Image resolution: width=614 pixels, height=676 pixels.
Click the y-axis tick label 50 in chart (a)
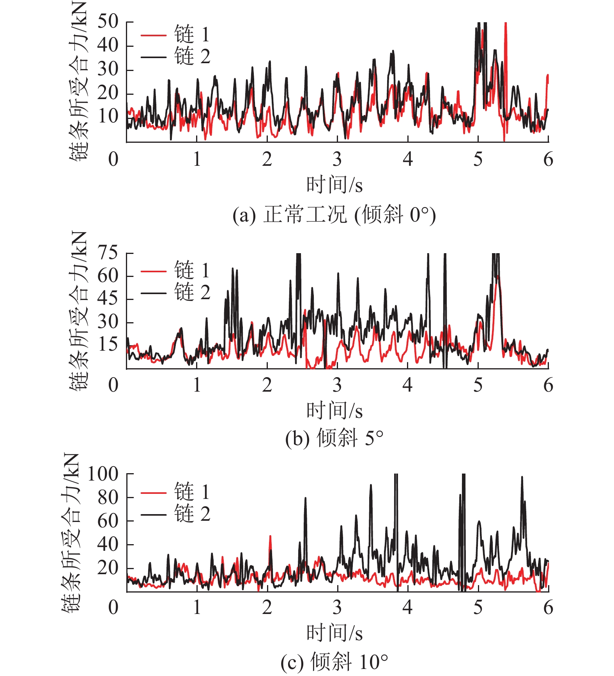click(x=108, y=22)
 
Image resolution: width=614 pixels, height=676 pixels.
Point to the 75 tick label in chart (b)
click(x=108, y=253)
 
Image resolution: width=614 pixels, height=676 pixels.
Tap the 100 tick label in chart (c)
click(x=103, y=474)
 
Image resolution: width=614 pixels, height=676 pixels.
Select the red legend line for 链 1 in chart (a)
click(x=154, y=35)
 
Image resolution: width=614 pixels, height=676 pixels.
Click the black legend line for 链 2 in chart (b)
click(x=154, y=293)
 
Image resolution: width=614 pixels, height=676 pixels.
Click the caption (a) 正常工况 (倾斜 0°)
click(x=334, y=215)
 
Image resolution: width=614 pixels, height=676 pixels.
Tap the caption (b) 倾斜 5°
click(x=334, y=438)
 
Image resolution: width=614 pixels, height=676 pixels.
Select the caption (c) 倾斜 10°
click(x=334, y=662)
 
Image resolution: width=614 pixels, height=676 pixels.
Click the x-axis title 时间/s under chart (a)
click(x=334, y=185)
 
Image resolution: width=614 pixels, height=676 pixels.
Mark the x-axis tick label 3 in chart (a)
click(x=337, y=159)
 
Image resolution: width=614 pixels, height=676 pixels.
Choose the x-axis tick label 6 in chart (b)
click(x=548, y=385)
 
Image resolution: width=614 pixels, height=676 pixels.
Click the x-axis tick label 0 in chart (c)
click(x=113, y=607)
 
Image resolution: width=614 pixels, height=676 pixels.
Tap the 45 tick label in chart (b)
click(x=108, y=299)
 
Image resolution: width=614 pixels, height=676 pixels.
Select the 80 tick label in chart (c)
click(x=108, y=498)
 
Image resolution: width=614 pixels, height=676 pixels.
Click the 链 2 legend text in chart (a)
click(x=192, y=57)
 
